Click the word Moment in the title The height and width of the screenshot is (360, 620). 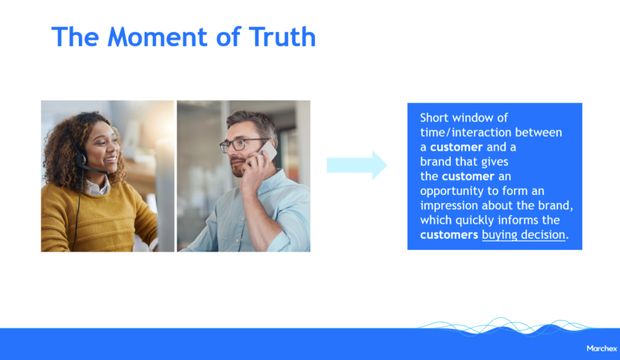pyautogui.click(x=157, y=37)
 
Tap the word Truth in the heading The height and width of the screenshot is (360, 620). pyautogui.click(x=282, y=37)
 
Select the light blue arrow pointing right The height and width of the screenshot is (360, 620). pyautogui.click(x=357, y=165)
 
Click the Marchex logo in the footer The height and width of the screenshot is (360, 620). pyautogui.click(x=601, y=348)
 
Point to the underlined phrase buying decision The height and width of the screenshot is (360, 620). pyautogui.click(x=524, y=235)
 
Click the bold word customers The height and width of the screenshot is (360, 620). pyautogui.click(x=449, y=235)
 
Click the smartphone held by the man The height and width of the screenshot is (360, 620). pyautogui.click(x=267, y=151)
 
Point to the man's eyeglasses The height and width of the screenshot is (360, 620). pyautogui.click(x=242, y=144)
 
